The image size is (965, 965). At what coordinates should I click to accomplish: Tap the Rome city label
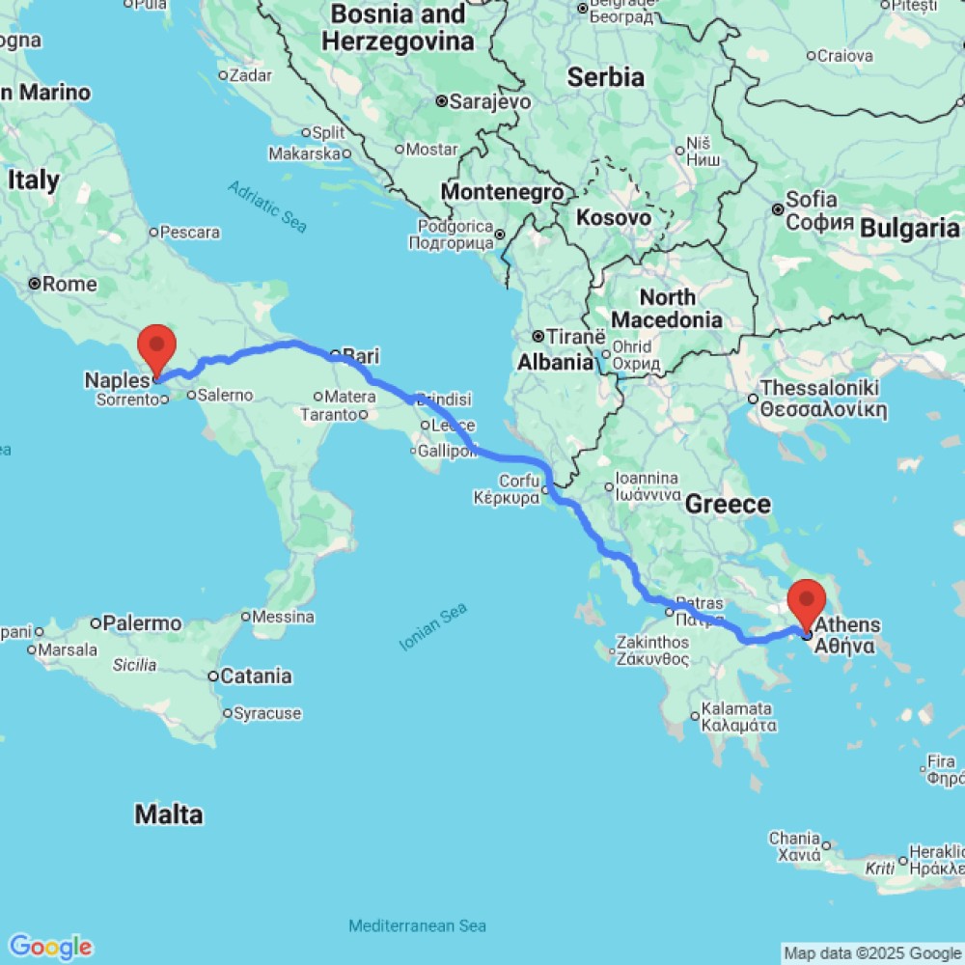69,284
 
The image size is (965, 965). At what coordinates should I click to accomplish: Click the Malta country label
169,815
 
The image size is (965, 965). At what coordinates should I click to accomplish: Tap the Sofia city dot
778,208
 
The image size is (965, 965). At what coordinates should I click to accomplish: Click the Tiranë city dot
538,337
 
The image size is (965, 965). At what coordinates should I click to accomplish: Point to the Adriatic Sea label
268,206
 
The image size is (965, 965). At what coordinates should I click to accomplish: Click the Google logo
50,947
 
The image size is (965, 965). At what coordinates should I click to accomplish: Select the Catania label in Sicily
256,675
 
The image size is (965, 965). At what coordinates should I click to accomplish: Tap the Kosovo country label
613,218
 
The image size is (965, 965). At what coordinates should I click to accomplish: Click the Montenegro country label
502,192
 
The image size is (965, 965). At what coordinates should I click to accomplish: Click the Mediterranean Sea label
417,925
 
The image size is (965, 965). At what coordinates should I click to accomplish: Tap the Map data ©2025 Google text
871,953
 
